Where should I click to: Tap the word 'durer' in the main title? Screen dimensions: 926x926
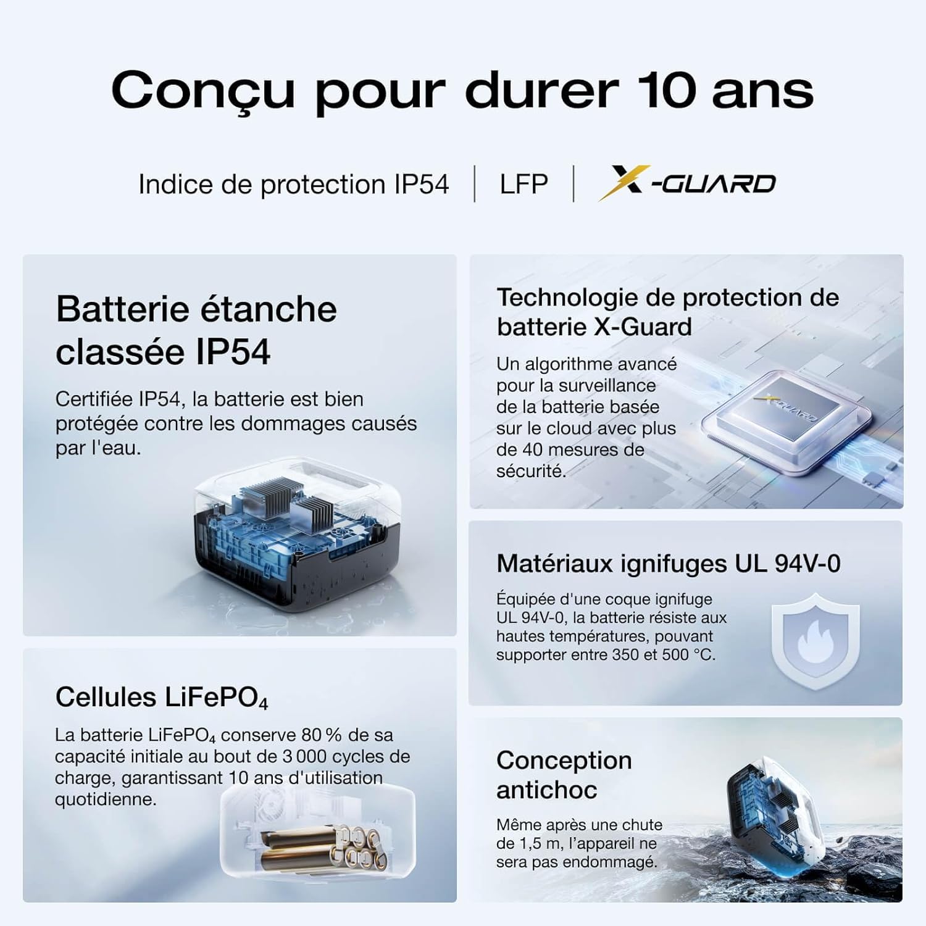click(541, 91)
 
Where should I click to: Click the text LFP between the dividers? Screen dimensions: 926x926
click(523, 184)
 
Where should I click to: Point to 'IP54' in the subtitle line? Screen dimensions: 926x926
click(422, 184)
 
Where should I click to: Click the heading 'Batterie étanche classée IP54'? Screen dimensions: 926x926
click(196, 330)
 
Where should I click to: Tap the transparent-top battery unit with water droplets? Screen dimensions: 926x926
click(296, 531)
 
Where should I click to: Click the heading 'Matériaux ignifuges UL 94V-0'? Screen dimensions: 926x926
click(668, 564)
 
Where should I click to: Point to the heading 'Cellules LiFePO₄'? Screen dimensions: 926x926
click(162, 698)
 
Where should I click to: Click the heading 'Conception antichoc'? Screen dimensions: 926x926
click(564, 775)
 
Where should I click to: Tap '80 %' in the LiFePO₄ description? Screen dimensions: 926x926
click(322, 735)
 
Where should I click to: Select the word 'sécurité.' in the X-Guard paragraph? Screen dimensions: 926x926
click(531, 471)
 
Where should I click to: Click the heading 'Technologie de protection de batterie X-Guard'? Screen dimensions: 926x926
click(667, 312)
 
